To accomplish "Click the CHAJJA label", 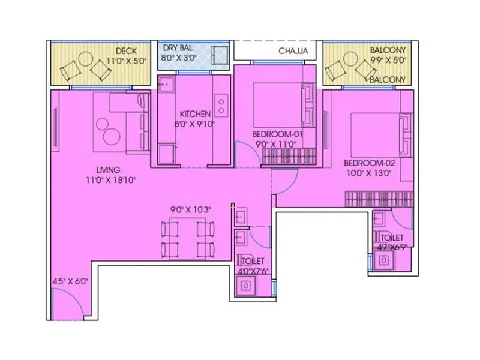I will tap(293, 51).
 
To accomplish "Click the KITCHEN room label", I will tap(196, 113).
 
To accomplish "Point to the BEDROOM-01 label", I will tap(277, 134).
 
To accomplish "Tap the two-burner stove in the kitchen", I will tap(221, 106).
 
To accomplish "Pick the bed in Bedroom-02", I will tap(373, 132).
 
